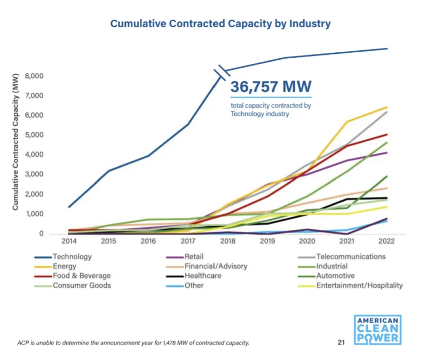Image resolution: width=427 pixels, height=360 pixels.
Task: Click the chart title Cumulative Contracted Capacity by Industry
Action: [x=220, y=24]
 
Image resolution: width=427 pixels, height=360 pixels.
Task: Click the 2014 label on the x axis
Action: [x=70, y=241]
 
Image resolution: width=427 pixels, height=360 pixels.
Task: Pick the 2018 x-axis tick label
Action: [x=228, y=241]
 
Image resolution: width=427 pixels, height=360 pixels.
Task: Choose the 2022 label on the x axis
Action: [x=386, y=241]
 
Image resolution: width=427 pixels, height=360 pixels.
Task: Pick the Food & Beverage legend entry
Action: [x=82, y=276]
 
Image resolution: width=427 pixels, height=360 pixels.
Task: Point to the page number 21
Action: [x=341, y=342]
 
